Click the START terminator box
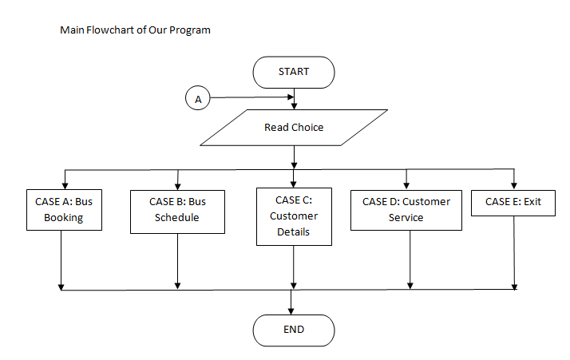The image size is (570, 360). (x=293, y=72)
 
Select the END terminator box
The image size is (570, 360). (x=293, y=329)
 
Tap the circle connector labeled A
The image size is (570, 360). (x=198, y=99)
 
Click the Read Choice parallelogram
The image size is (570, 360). (x=294, y=128)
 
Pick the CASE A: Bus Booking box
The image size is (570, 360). (x=64, y=209)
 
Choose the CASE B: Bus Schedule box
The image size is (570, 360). (x=176, y=210)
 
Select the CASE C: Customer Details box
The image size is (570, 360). (x=294, y=216)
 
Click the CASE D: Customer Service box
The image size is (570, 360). (x=406, y=209)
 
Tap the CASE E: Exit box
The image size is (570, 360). (x=513, y=202)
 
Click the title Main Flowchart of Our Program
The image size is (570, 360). (x=136, y=30)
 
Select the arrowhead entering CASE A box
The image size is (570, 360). (x=64, y=184)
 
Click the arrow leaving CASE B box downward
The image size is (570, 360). (x=177, y=259)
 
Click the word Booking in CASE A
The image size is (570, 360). (x=64, y=217)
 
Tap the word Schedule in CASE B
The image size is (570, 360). (x=176, y=217)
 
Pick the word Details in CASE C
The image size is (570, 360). (x=293, y=231)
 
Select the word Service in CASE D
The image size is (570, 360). (x=406, y=217)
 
